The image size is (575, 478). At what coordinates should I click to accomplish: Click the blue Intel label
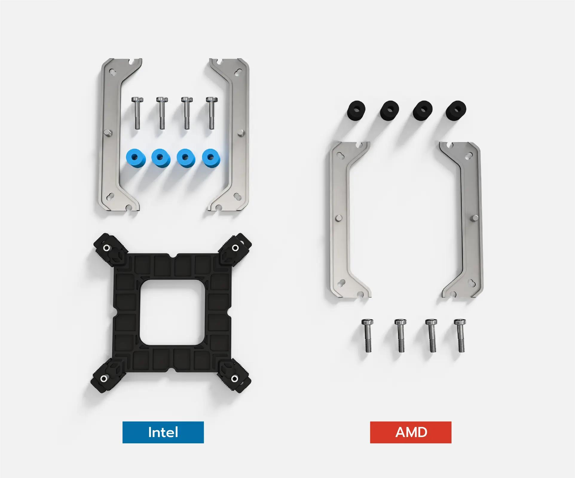163,432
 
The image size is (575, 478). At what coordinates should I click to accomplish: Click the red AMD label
411,432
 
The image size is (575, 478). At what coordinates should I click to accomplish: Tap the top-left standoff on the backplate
106,248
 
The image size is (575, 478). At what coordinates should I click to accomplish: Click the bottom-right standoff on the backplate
235,379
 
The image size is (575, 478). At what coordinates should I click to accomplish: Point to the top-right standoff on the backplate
235,248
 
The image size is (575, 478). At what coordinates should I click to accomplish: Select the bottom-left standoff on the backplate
103,379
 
